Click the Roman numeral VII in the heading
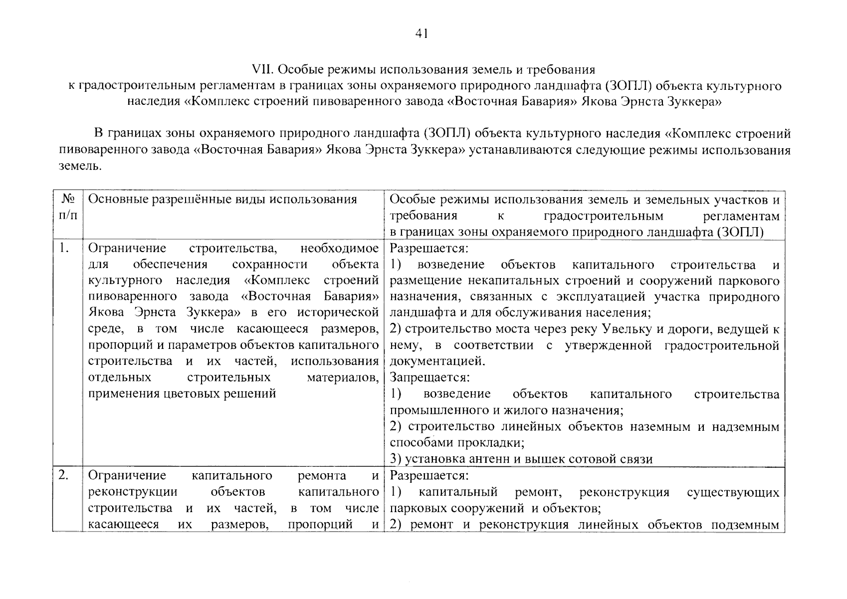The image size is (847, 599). (x=262, y=69)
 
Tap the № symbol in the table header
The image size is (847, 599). (x=68, y=200)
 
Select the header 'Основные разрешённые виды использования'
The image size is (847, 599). (x=222, y=200)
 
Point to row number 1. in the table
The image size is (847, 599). (x=63, y=248)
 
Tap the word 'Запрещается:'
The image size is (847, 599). (x=430, y=377)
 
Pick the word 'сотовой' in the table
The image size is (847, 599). (x=599, y=459)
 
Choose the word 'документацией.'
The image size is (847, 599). (x=436, y=361)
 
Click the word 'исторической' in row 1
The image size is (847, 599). (x=338, y=313)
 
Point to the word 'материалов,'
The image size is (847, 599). (x=343, y=377)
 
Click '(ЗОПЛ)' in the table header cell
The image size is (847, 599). (x=740, y=232)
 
